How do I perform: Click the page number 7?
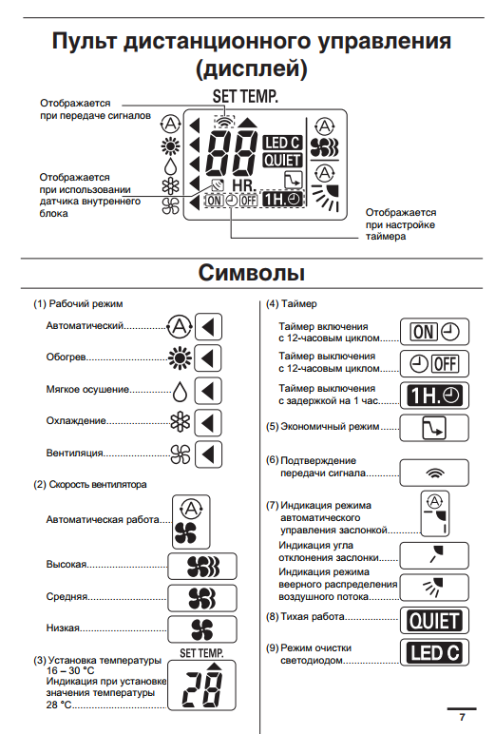pyautogui.click(x=463, y=717)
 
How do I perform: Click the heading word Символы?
pyautogui.click(x=251, y=273)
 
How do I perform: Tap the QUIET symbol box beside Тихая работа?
pyautogui.click(x=434, y=621)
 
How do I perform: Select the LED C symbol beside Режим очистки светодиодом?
pyautogui.click(x=434, y=652)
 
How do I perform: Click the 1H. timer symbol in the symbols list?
pyautogui.click(x=434, y=396)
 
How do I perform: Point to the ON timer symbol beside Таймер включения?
pyautogui.click(x=434, y=333)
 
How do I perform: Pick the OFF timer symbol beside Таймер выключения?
pyautogui.click(x=434, y=364)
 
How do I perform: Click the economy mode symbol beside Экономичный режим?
pyautogui.click(x=434, y=428)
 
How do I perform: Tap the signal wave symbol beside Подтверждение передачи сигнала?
pyautogui.click(x=434, y=473)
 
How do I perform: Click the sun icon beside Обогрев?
pyautogui.click(x=180, y=358)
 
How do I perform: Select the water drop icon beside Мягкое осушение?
pyautogui.click(x=180, y=392)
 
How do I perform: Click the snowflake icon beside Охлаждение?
pyautogui.click(x=181, y=422)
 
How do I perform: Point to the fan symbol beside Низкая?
pyautogui.click(x=202, y=629)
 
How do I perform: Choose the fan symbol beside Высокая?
pyautogui.click(x=203, y=567)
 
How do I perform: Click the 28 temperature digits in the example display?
pyautogui.click(x=202, y=689)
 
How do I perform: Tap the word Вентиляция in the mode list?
pyautogui.click(x=74, y=454)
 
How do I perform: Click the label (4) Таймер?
pyautogui.click(x=292, y=304)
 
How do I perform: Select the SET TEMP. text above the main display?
pyautogui.click(x=245, y=96)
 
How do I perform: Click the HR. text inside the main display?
pyautogui.click(x=244, y=185)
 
